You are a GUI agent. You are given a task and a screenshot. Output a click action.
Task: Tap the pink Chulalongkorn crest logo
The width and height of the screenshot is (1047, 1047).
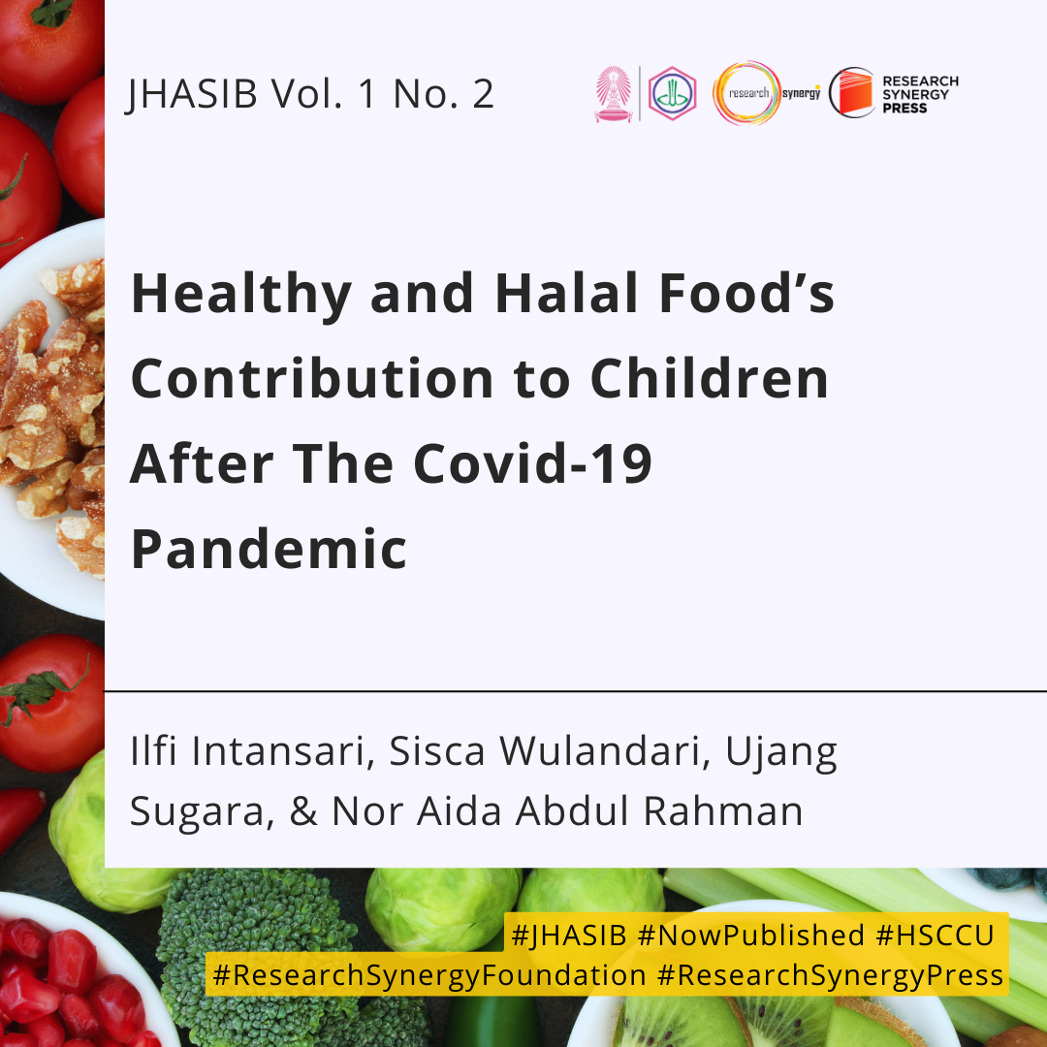613,93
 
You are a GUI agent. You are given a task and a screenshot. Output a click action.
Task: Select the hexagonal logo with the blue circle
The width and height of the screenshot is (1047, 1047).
672,93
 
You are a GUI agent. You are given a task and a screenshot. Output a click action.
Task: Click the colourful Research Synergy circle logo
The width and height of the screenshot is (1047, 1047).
746,93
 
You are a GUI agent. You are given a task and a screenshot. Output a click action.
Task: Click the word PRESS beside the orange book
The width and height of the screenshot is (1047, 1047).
904,109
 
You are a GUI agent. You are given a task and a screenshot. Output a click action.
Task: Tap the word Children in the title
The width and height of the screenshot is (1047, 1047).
710,378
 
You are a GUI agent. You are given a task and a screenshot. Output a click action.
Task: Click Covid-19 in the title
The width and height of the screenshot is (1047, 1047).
532,463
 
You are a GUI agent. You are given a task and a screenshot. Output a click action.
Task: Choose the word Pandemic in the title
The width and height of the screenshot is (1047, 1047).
269,549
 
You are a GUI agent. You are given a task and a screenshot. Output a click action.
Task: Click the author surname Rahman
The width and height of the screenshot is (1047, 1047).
722,811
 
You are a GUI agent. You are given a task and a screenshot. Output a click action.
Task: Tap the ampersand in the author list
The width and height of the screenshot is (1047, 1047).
303,811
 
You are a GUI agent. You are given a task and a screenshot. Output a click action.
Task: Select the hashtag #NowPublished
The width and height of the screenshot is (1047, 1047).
750,935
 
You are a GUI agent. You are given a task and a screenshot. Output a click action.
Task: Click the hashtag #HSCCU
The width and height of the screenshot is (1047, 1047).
935,935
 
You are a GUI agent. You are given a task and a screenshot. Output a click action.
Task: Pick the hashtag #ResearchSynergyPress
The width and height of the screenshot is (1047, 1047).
830,975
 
